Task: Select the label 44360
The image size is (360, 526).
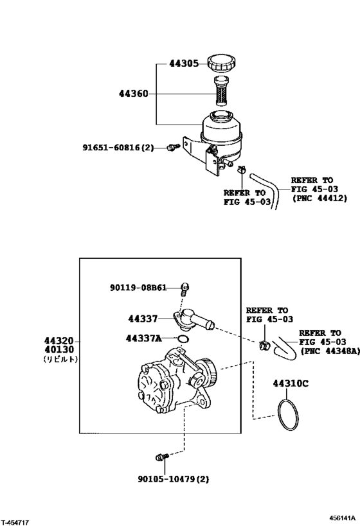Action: pyautogui.click(x=133, y=94)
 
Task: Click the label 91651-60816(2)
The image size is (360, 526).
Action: pyautogui.click(x=117, y=148)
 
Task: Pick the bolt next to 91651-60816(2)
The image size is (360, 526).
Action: pyautogui.click(x=172, y=148)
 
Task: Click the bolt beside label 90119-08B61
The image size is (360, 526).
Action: pyautogui.click(x=185, y=287)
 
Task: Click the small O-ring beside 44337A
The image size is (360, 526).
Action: pyautogui.click(x=183, y=338)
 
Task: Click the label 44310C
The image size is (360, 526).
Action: pyautogui.click(x=289, y=383)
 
